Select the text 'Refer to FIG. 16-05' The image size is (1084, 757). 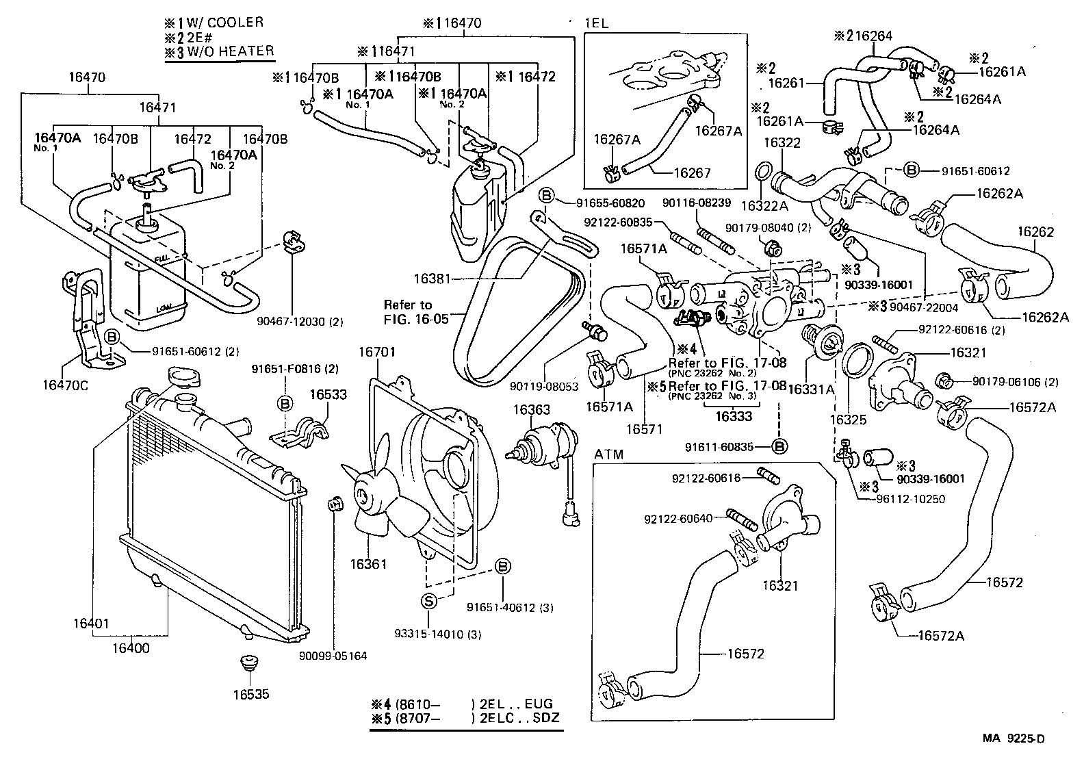[x=408, y=311]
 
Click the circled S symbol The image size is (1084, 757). [x=428, y=602]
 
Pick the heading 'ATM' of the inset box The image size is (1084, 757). [x=608, y=454]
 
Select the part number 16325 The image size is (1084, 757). [x=848, y=420]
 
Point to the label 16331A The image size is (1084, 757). [x=811, y=389]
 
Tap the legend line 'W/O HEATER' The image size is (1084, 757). [x=231, y=50]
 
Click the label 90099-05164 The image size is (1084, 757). [x=333, y=656]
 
